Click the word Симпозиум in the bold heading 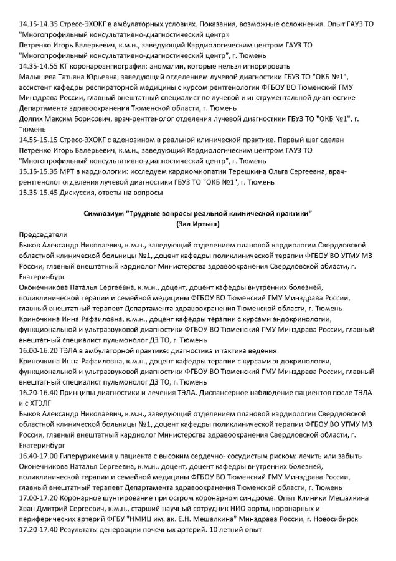coord(103,213)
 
